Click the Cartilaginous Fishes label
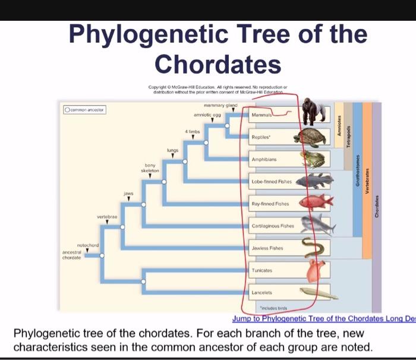point(272,226)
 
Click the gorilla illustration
point(313,112)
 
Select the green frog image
point(312,159)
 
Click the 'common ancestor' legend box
point(84,109)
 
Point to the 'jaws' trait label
point(128,194)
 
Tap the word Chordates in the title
point(218,63)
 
